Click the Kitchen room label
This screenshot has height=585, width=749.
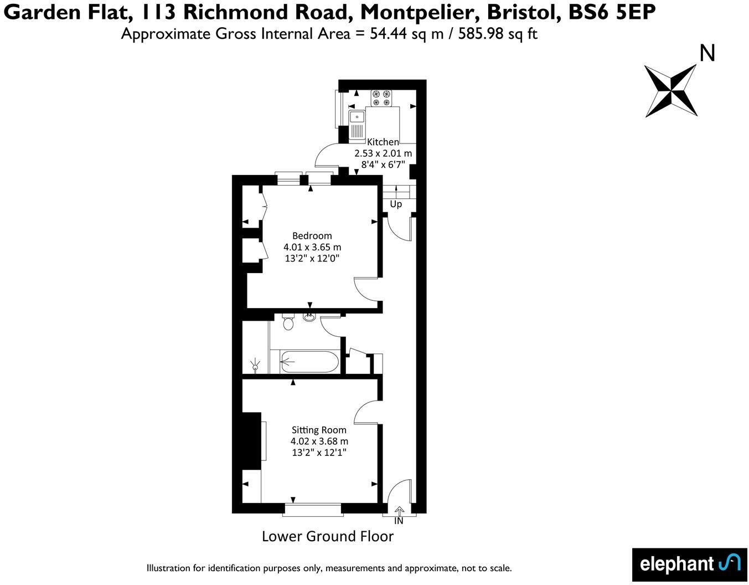coord(383,142)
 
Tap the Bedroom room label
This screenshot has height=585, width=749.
coord(312,235)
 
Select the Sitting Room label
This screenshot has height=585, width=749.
coord(319,430)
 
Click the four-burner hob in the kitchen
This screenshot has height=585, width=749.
coord(381,98)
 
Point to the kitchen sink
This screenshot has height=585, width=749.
coord(357,117)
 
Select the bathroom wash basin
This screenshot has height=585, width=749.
coord(309,317)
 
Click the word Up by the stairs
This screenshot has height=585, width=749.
coord(396,204)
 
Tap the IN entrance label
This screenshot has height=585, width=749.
coord(399,521)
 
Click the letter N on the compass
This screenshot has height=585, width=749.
coord(707,53)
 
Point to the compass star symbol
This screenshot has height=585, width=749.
coord(671,90)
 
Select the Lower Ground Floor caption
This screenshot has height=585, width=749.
coord(327,536)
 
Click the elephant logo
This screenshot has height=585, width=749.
coord(690,564)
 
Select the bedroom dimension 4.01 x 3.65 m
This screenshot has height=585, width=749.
coord(312,247)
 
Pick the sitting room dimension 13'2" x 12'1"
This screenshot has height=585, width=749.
coord(319,453)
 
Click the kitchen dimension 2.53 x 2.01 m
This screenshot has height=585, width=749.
coord(383,153)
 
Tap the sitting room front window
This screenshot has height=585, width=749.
coord(313,510)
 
